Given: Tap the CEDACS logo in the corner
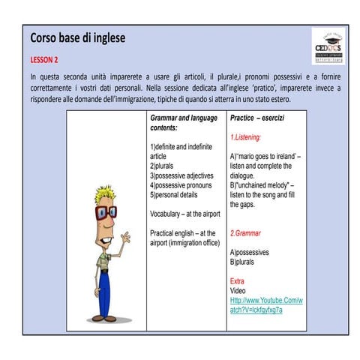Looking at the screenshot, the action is (329, 46).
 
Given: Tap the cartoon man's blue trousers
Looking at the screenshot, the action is (106, 289).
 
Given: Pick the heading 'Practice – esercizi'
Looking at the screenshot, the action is (257, 118).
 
